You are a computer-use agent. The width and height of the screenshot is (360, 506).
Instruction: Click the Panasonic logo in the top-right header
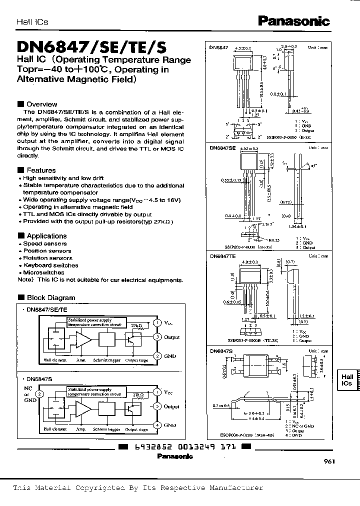click(x=293, y=20)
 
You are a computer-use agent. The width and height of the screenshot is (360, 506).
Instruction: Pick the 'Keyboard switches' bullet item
click(x=50, y=265)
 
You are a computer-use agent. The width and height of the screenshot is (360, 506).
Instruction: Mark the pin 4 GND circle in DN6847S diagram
click(x=157, y=425)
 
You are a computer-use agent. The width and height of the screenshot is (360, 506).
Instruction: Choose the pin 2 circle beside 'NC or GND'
click(x=39, y=393)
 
